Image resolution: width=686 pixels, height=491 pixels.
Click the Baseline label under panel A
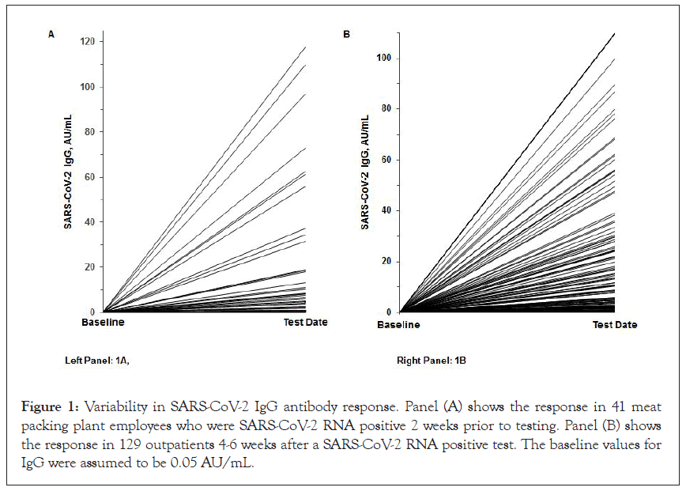click(x=103, y=323)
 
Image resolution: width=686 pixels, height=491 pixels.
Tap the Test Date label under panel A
click(x=306, y=323)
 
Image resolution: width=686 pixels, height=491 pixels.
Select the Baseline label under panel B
click(x=399, y=325)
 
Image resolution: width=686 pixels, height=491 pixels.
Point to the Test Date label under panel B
click(x=615, y=325)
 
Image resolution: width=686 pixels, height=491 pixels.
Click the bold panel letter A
click(x=51, y=35)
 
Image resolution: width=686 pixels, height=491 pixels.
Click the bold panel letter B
click(x=346, y=35)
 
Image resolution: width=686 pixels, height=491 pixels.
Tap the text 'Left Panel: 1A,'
click(x=97, y=361)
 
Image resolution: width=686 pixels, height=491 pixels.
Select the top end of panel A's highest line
click(x=306, y=47)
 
